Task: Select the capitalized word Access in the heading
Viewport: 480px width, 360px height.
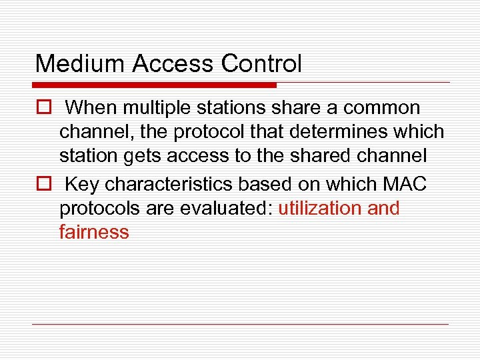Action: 174,64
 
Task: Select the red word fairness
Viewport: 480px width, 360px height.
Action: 94,233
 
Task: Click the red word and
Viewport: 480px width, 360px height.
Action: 383,208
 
